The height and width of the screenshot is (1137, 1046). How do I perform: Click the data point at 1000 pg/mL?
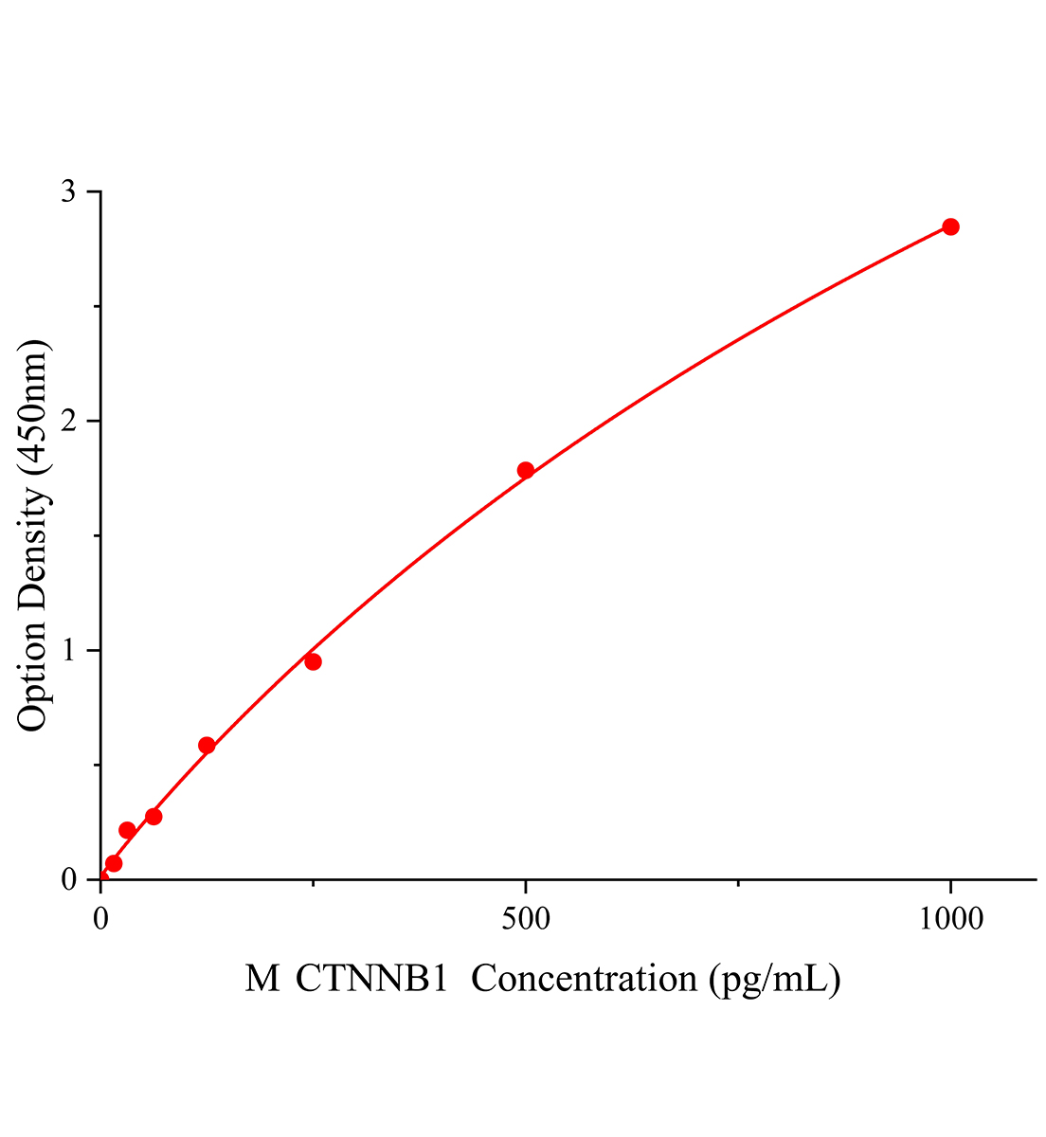pos(950,226)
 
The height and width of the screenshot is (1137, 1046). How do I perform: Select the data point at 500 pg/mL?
pos(526,470)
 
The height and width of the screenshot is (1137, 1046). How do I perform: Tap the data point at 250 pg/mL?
pos(313,661)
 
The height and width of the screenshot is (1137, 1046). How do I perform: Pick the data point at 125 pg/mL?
pos(207,746)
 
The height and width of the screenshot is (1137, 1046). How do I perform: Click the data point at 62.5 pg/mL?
pos(153,817)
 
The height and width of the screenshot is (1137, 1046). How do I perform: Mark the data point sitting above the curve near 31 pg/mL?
pos(127,830)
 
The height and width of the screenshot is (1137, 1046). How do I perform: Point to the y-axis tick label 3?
pos(68,191)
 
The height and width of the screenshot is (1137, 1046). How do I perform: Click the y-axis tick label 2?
pos(68,421)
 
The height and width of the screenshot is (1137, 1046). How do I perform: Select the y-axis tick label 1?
pos(68,651)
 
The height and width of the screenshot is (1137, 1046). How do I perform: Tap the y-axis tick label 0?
pos(68,880)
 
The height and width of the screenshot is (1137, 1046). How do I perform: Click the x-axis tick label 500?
pos(526,919)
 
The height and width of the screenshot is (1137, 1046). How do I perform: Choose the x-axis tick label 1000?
pos(949,919)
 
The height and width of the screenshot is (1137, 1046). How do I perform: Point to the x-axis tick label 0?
pos(101,919)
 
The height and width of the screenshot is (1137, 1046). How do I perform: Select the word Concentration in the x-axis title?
pos(585,979)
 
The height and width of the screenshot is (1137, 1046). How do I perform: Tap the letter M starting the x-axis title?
pos(262,979)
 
